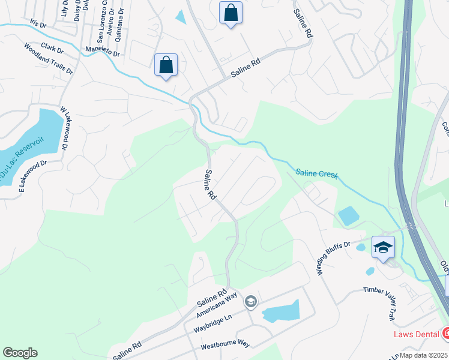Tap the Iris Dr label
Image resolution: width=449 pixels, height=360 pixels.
pos(38,25)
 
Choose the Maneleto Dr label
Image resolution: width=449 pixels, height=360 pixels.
pos(103,52)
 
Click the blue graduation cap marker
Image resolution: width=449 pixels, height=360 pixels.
pos(383,247)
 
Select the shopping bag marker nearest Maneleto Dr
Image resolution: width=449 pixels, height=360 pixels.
pos(166,65)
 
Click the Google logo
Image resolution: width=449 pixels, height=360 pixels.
pos(20,353)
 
